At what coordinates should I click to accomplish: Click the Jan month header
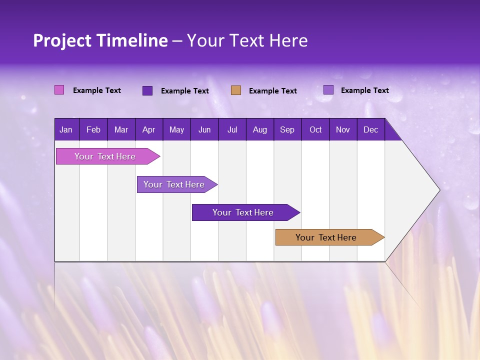66,129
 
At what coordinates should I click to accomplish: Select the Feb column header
93,129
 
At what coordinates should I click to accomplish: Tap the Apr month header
148,129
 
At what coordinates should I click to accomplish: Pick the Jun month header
204,129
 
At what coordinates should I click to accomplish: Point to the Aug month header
259,129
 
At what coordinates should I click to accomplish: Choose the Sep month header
287,129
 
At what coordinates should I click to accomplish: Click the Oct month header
315,129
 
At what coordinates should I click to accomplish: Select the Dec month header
370,129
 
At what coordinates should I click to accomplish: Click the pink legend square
59,90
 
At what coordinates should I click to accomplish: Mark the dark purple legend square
147,90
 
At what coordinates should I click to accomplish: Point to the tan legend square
236,90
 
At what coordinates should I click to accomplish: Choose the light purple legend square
328,90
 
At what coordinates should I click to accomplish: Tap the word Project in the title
62,40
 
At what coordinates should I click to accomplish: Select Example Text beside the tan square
272,91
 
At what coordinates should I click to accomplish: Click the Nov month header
342,129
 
